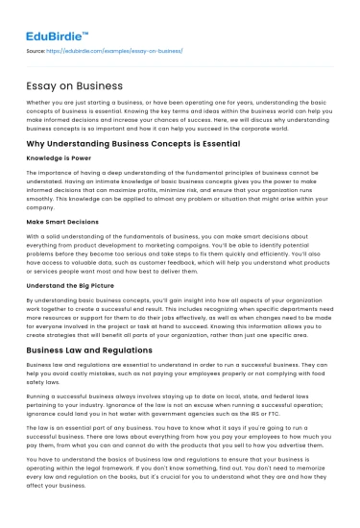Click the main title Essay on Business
coord(65,85)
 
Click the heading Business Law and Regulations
coord(88,350)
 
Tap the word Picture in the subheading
coord(97,286)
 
